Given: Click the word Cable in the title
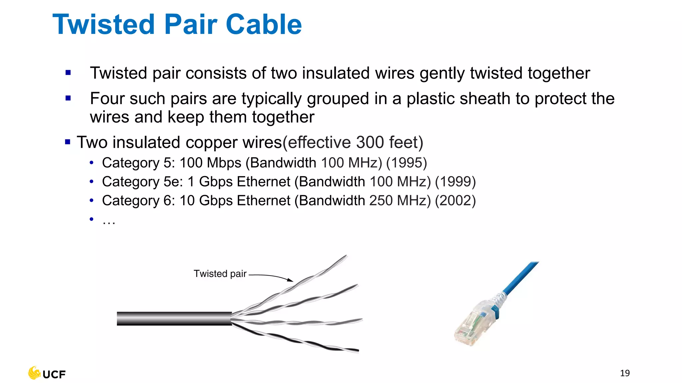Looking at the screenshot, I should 264,25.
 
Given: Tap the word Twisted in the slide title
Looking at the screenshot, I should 104,25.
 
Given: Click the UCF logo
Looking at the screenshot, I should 47,373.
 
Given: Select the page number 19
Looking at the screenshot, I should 625,373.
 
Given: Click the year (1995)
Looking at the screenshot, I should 406,163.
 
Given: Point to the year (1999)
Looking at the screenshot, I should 455,182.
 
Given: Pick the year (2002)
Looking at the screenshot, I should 455,201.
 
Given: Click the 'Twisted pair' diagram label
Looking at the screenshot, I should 220,274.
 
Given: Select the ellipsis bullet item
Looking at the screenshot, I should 109,220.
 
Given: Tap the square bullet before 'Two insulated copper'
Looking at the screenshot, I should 68,142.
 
